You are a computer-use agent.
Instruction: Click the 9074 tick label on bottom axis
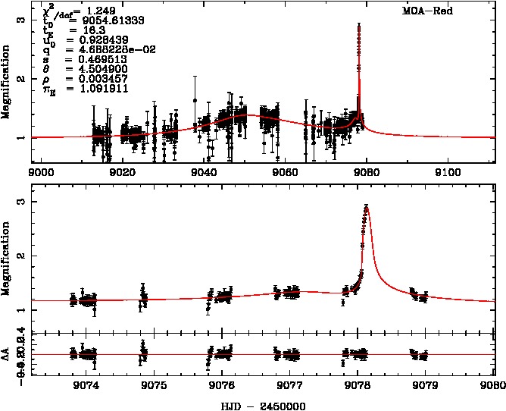[x=86, y=384]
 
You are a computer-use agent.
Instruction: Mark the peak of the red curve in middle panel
[x=367, y=206]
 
